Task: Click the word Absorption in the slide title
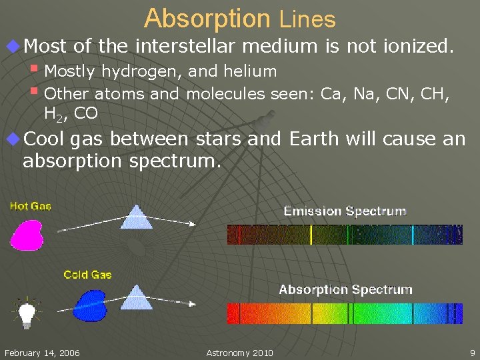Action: (207, 19)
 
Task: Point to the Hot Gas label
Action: (30, 206)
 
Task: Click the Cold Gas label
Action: (87, 275)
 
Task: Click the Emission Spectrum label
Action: (345, 211)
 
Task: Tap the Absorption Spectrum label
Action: (345, 289)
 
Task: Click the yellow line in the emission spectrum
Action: (311, 235)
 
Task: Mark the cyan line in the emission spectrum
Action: (413, 235)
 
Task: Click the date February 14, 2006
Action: (41, 353)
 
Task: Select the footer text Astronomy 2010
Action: (239, 353)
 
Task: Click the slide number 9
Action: (472, 353)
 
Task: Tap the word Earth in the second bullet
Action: (313, 139)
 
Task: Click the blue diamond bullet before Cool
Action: (12, 139)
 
